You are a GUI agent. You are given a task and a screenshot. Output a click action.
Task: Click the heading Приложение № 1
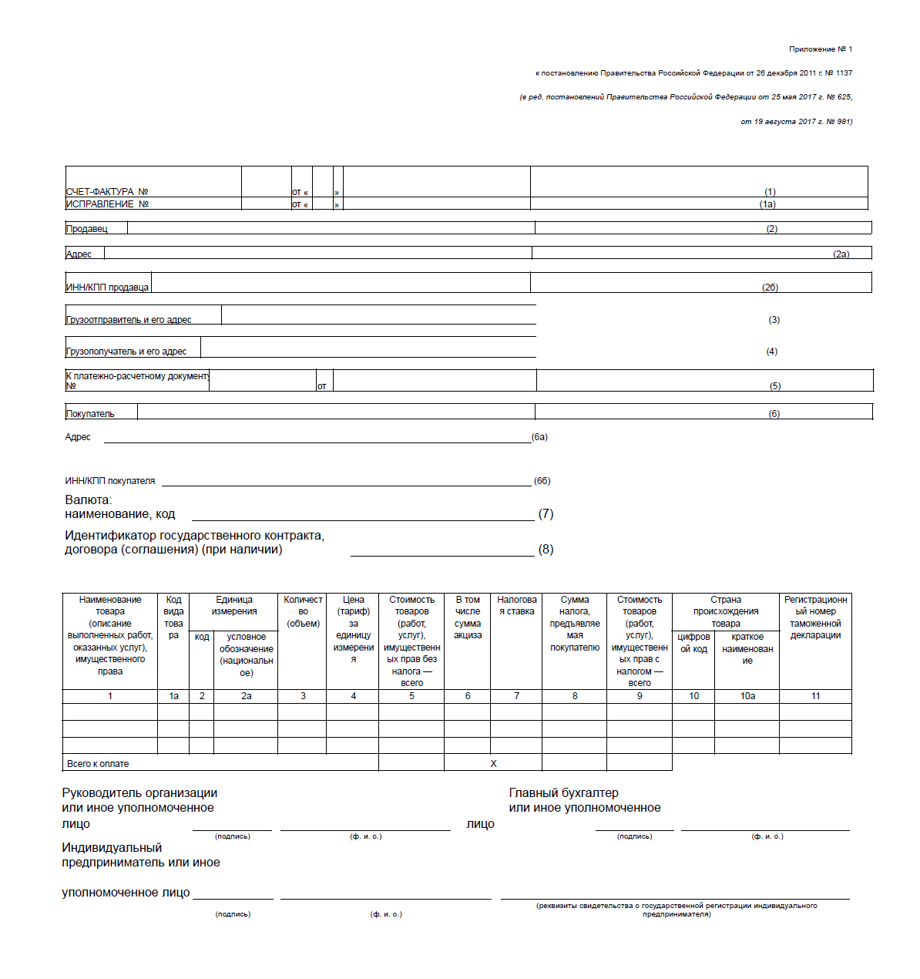820,49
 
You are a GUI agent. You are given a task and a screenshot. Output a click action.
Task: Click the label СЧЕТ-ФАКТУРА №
107,192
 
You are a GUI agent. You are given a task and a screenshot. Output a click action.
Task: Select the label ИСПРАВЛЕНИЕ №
107,204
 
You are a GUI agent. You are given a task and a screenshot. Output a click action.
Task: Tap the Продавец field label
87,229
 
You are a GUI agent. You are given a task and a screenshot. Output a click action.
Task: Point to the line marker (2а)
841,254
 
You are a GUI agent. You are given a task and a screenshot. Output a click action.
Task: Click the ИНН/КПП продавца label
107,288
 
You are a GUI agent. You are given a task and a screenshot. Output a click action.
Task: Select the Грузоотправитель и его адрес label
129,320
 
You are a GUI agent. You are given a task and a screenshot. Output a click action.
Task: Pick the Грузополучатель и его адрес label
126,352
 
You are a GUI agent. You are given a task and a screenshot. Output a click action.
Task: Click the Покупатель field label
90,414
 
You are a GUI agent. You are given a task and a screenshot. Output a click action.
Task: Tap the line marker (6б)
542,481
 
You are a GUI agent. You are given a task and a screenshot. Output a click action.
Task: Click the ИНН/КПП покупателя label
110,481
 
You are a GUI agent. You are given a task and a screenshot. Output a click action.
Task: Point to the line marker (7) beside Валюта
546,514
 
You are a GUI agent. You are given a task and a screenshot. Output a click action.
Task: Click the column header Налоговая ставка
516,605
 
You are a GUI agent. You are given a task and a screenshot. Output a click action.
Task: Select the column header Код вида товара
173,617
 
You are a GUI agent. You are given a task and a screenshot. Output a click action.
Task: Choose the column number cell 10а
747,696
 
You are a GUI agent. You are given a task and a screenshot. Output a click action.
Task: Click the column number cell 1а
173,696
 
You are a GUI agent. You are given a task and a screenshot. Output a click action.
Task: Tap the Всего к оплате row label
98,764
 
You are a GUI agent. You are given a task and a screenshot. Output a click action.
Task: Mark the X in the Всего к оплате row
493,764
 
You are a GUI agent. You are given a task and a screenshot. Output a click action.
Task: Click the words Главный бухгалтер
563,793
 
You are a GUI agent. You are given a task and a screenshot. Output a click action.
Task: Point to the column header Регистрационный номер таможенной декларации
815,617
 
